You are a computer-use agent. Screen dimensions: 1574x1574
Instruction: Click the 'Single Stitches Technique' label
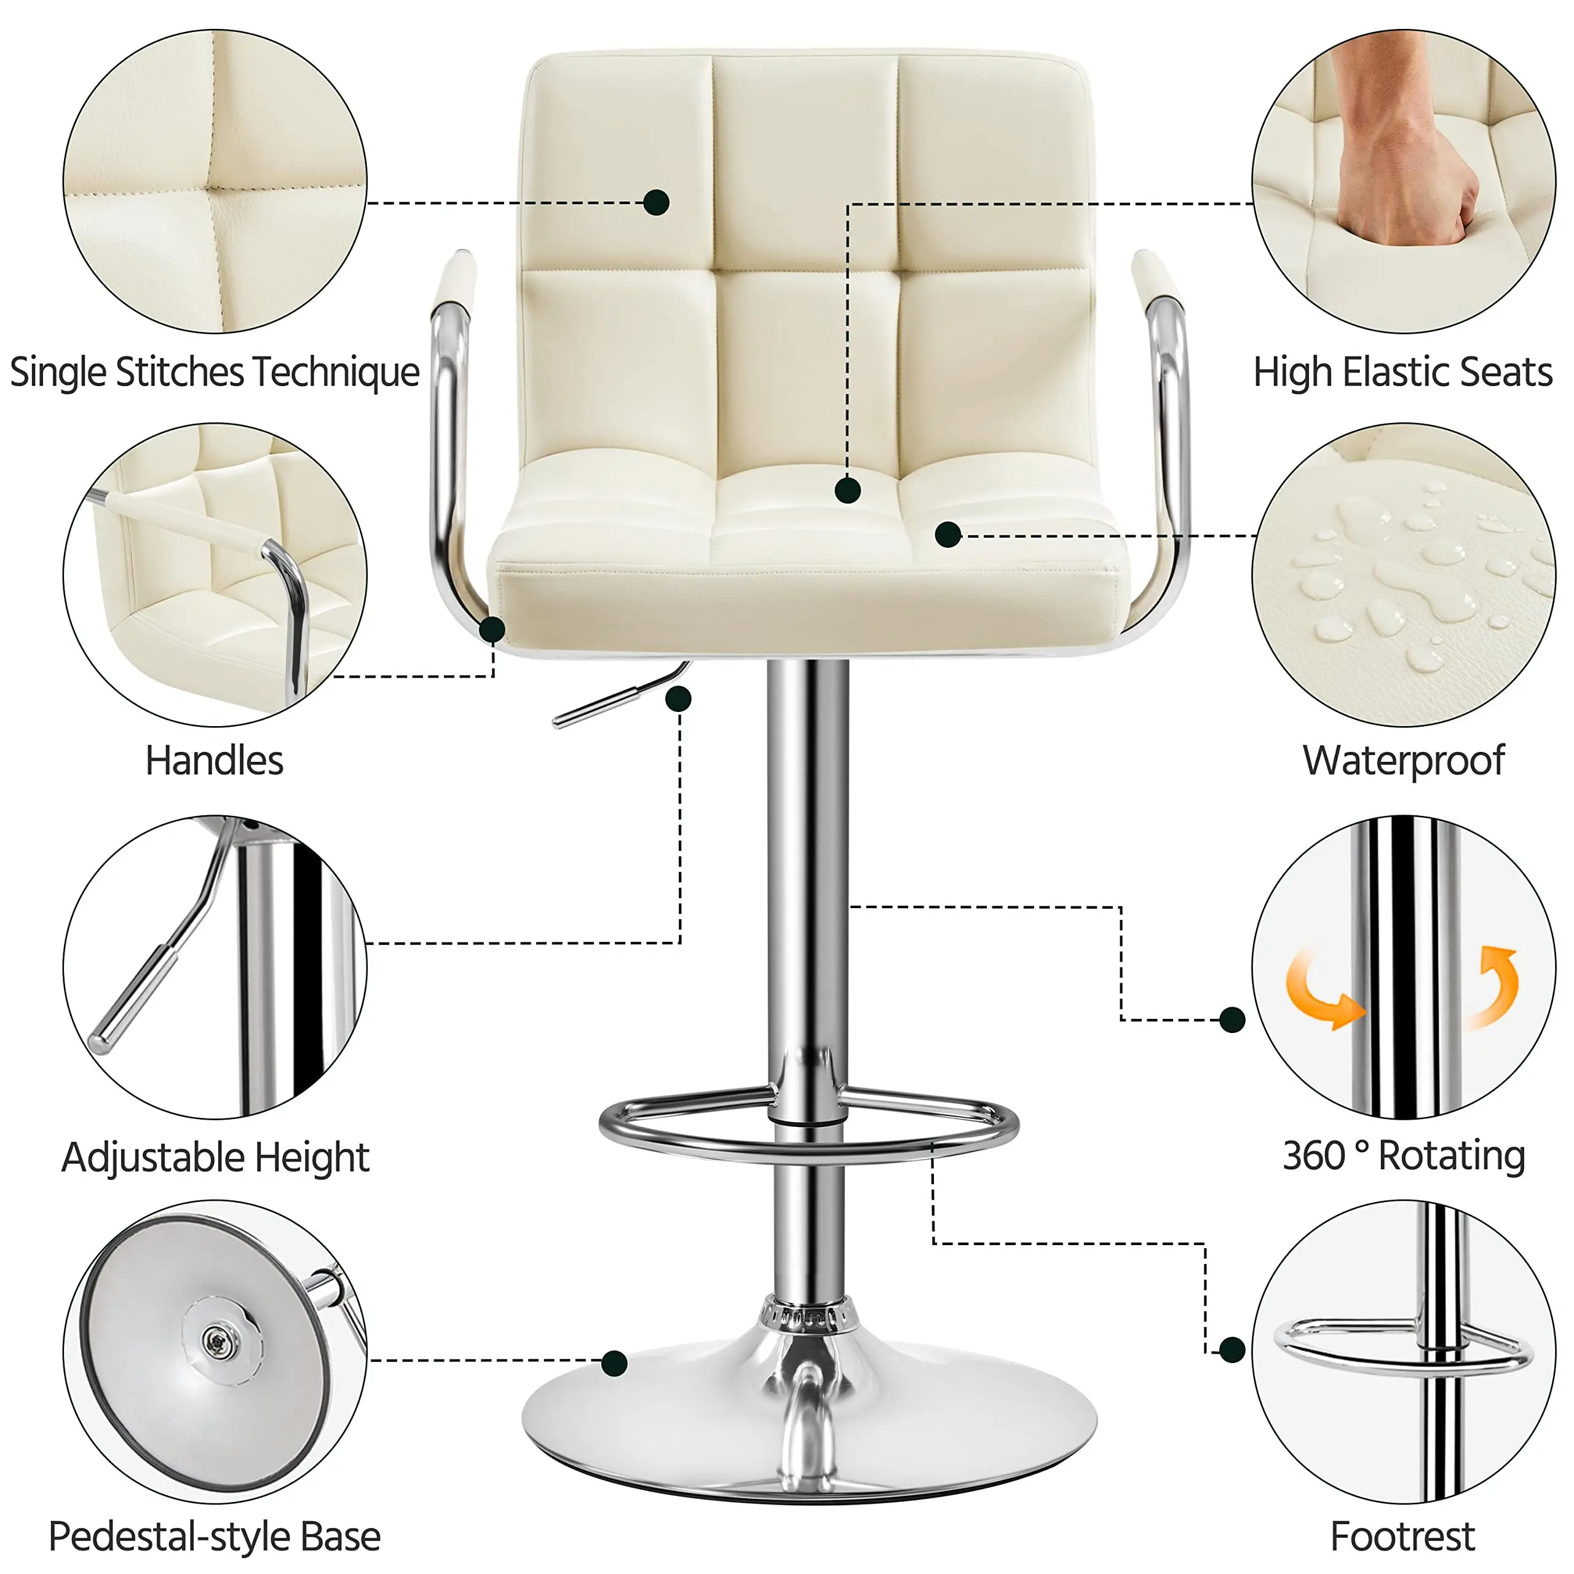point(214,373)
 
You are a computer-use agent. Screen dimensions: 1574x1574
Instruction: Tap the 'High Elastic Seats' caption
point(1402,373)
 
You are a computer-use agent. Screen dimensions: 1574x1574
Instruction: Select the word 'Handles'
point(214,761)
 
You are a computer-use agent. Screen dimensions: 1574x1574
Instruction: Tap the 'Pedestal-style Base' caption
point(214,1536)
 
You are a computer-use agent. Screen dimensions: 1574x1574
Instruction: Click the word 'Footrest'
point(1402,1536)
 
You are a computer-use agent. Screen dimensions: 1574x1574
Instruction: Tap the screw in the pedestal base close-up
point(215,1339)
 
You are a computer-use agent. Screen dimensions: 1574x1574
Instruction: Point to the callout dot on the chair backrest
point(656,202)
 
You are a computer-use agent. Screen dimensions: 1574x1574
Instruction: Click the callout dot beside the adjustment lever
point(679,698)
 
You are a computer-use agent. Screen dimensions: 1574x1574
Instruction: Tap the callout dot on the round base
point(614,1363)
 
